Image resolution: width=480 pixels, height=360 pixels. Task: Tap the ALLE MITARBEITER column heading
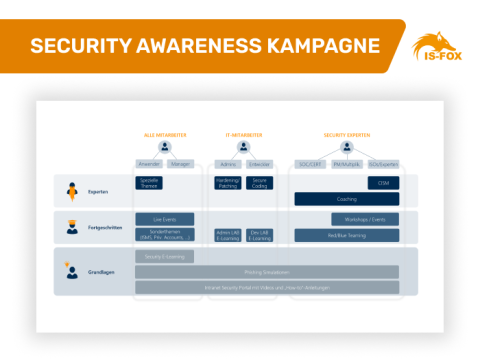pos(164,133)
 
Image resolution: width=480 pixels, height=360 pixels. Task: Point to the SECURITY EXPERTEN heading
pos(345,133)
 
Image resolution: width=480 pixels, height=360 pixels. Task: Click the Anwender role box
pos(149,164)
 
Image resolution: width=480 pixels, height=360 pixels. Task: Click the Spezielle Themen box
pos(148,183)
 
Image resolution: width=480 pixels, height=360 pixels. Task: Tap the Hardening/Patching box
pos(228,183)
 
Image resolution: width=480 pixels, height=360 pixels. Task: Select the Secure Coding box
pos(258,183)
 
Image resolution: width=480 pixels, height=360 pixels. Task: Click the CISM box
pos(383,183)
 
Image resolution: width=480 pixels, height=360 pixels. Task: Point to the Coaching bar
pos(346,199)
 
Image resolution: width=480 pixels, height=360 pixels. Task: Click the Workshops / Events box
pos(365,218)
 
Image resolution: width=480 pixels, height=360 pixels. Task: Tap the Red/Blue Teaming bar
pos(346,235)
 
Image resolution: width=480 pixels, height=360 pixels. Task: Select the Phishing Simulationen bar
pos(266,271)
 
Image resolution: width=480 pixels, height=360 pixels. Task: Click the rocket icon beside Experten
pos(72,190)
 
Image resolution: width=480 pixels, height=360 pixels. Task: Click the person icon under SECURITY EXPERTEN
pos(346,147)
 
